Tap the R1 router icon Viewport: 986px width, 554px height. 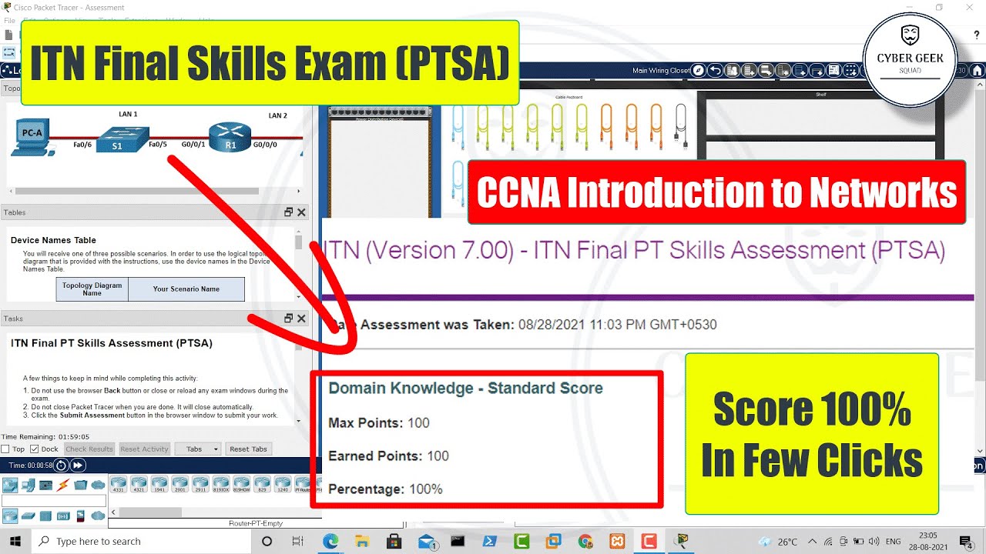230,138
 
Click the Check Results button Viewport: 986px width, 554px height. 89,449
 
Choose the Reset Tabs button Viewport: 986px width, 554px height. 248,449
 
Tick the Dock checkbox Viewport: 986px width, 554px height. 35,449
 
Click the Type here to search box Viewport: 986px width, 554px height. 98,541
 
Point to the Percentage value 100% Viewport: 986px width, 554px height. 426,489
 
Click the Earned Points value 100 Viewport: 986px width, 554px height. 438,456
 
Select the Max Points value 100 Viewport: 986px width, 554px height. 418,422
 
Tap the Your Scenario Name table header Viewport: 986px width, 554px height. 186,289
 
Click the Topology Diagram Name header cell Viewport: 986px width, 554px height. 92,289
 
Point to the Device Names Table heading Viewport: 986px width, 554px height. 53,240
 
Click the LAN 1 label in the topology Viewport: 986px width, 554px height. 128,115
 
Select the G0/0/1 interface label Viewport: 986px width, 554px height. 193,144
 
